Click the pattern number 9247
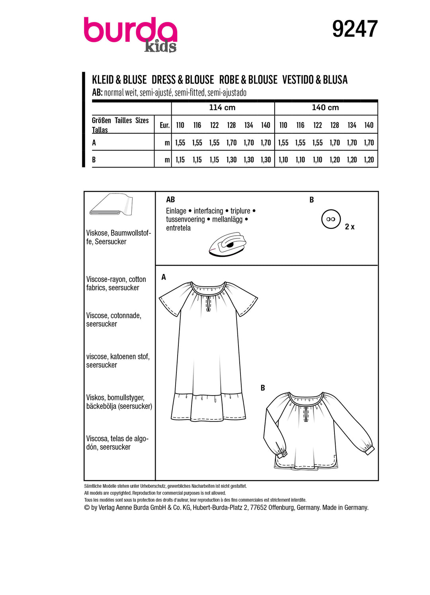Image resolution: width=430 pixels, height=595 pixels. pyautogui.click(x=355, y=29)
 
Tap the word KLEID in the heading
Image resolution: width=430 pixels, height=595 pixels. pyautogui.click(x=103, y=80)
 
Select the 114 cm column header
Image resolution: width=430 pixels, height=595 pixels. pyautogui.click(x=222, y=108)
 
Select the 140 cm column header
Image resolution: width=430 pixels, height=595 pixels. pyautogui.click(x=325, y=108)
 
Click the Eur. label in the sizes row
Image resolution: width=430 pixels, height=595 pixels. pyautogui.click(x=164, y=125)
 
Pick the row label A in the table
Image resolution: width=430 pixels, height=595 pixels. pyautogui.click(x=94, y=143)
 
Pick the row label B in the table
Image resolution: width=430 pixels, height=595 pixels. pyautogui.click(x=94, y=160)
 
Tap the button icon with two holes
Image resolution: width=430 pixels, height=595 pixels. pyautogui.click(x=331, y=219)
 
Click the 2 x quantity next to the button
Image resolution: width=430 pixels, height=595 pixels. pyautogui.click(x=350, y=227)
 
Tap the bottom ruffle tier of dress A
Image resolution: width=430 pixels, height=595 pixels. pyautogui.click(x=209, y=407)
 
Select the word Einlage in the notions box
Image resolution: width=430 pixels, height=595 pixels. pyautogui.click(x=176, y=211)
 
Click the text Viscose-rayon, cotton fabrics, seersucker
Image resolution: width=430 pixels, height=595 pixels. pyautogui.click(x=116, y=284)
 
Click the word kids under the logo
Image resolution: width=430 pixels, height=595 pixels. pyautogui.click(x=160, y=47)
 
